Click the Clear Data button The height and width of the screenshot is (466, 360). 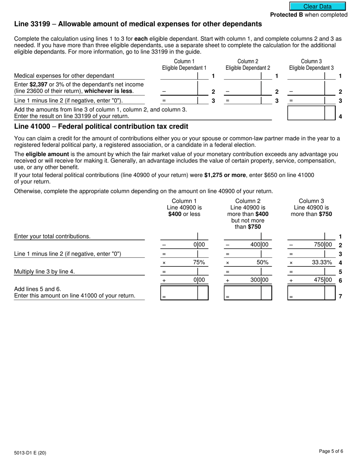tap(318, 6)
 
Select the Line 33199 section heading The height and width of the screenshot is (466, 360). tap(138, 24)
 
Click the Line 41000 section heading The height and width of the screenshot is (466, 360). tap(101, 127)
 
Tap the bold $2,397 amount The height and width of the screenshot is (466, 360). tap(38, 84)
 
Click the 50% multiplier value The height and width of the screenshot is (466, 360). tap(263, 262)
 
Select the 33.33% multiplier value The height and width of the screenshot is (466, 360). tap(322, 262)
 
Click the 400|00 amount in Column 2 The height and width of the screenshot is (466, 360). tap(259, 245)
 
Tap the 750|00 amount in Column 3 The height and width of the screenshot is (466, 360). tap(322, 245)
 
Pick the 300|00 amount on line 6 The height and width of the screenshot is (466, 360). tap(259, 280)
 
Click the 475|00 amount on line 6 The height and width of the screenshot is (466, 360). tap(322, 280)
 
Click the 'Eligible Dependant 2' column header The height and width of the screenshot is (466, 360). tap(248, 68)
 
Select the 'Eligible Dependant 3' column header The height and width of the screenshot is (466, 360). tap(311, 68)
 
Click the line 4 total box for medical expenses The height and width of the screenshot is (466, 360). tap(306, 113)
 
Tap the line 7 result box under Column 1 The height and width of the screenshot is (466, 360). tap(179, 293)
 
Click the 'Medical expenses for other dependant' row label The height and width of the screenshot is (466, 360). tap(64, 76)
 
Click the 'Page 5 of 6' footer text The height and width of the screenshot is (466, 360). tap(331, 451)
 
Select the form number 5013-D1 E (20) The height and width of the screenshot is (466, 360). tap(30, 452)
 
